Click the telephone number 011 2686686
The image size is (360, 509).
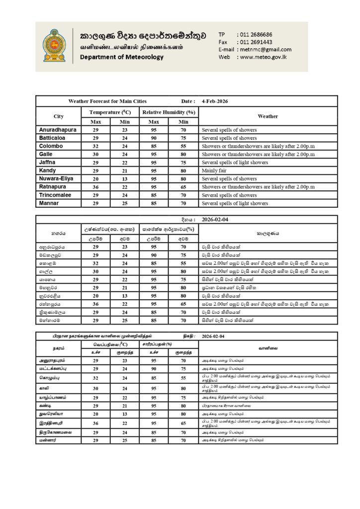point(256,34)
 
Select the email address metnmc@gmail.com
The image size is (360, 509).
point(265,49)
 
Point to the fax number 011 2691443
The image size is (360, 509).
point(256,42)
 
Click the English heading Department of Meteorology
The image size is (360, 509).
point(122,57)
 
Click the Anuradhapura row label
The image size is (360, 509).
point(58,130)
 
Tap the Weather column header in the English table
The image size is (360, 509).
point(268,116)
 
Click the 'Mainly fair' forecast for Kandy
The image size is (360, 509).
point(214,170)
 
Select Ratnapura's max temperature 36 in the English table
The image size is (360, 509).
point(96,187)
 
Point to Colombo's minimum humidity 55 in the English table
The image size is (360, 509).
point(183,146)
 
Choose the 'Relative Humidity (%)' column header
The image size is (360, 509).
point(169,112)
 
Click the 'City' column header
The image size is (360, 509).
point(58,116)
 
